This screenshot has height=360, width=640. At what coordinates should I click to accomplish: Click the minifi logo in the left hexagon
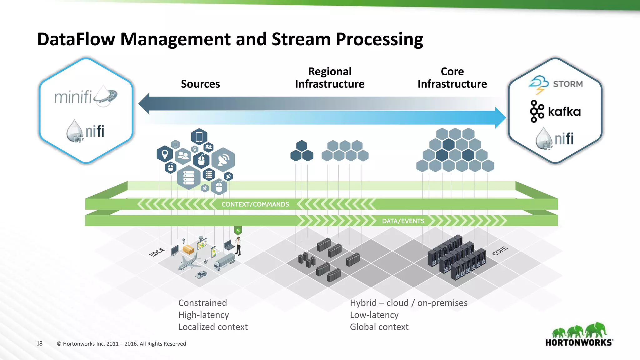[85, 96]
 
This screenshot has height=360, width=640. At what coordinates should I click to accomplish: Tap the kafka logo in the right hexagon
[555, 112]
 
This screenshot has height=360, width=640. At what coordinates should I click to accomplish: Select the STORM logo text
[567, 84]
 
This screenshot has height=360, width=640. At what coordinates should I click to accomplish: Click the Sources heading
[200, 84]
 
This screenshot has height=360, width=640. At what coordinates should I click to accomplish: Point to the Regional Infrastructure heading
[330, 78]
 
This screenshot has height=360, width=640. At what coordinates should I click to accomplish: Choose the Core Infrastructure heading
[452, 78]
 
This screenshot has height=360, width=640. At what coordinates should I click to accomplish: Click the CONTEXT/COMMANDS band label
[255, 204]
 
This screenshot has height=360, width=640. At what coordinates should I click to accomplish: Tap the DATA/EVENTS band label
[403, 221]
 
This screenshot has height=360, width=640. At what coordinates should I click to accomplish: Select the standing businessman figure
[238, 246]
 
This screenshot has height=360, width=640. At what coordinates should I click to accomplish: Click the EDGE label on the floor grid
[157, 252]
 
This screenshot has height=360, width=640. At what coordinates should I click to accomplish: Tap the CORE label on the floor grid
[500, 251]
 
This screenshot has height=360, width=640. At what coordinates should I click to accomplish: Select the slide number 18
[39, 343]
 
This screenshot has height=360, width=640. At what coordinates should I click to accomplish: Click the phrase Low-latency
[374, 315]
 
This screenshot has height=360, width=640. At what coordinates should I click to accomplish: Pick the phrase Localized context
[213, 327]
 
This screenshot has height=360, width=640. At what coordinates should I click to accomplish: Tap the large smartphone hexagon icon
[199, 137]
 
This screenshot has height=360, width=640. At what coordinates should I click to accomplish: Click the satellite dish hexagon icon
[223, 160]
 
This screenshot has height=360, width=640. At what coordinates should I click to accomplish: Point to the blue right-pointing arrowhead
[501, 117]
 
